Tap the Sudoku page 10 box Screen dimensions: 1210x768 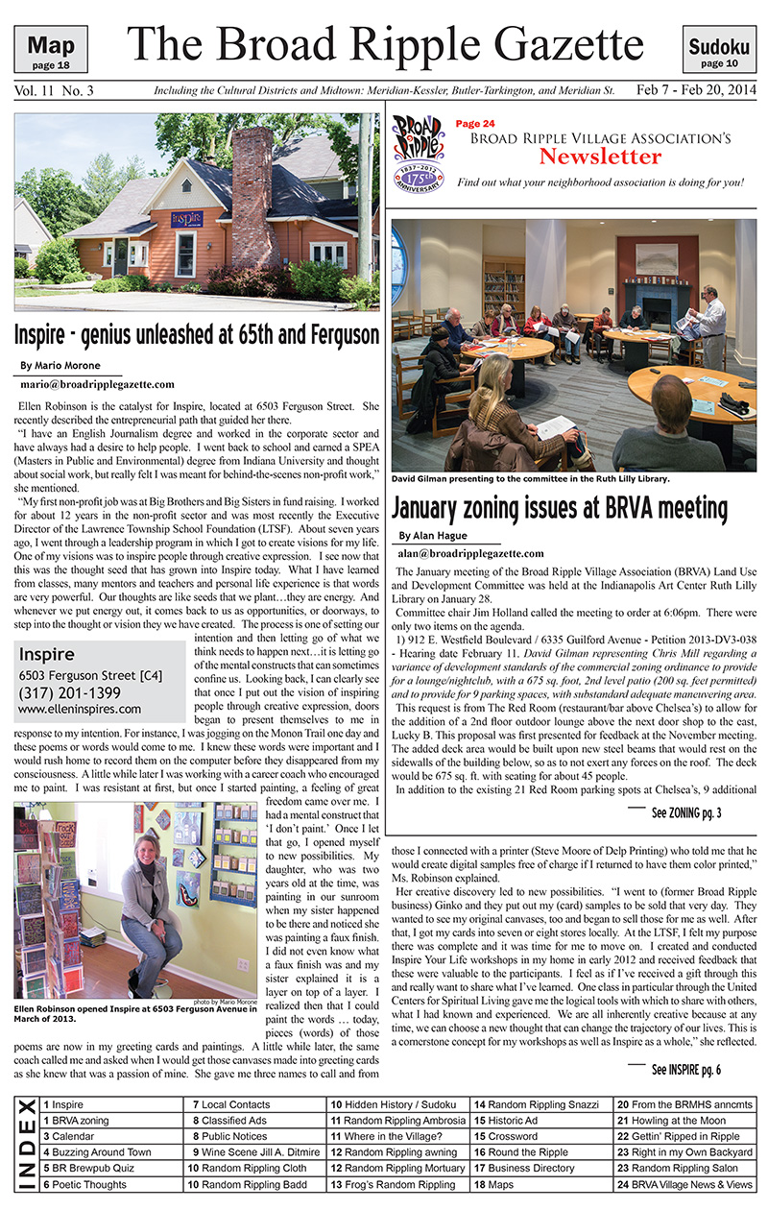(x=718, y=50)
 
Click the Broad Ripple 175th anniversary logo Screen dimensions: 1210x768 (x=419, y=152)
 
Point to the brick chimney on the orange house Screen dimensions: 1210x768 (x=252, y=191)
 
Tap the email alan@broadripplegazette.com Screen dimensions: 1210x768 (x=470, y=553)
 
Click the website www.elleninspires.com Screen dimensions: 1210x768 (x=80, y=710)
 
